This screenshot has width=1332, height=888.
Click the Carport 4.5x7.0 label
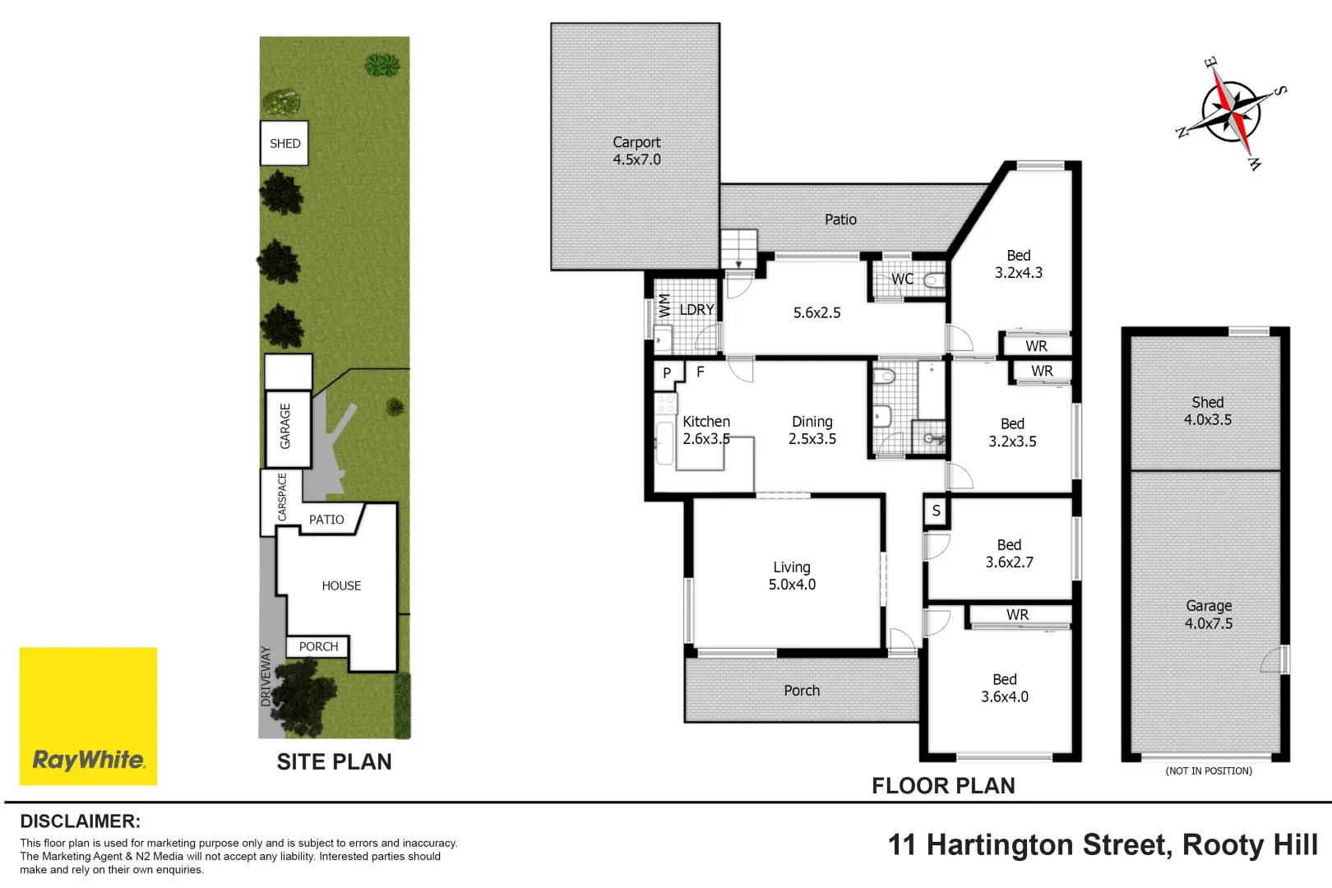coord(636,151)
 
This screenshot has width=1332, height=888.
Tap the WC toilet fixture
coord(934,280)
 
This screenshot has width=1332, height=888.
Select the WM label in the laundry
coord(664,306)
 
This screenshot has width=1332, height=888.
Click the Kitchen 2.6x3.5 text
coord(706,430)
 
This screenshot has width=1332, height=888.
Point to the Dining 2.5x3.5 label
coord(812,430)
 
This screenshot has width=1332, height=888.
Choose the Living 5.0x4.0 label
coord(792,576)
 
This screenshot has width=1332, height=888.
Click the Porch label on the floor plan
coord(802,691)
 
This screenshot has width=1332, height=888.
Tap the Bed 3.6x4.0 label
coord(1005,688)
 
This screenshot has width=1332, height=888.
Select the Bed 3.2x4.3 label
coord(1019,264)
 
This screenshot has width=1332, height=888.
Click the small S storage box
coord(936,511)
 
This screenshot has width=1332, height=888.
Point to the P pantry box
coord(667,373)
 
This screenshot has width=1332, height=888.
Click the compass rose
coord(1231,113)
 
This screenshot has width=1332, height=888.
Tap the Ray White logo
coord(88,715)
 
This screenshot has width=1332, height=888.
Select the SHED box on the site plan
coord(284,143)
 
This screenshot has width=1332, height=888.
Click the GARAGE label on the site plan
coord(285,426)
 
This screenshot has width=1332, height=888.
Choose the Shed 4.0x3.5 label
coord(1207,411)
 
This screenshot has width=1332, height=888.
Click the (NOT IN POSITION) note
coord(1209,771)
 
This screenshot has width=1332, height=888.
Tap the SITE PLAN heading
coord(334,762)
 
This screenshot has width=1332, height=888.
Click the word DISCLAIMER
coord(80,821)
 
